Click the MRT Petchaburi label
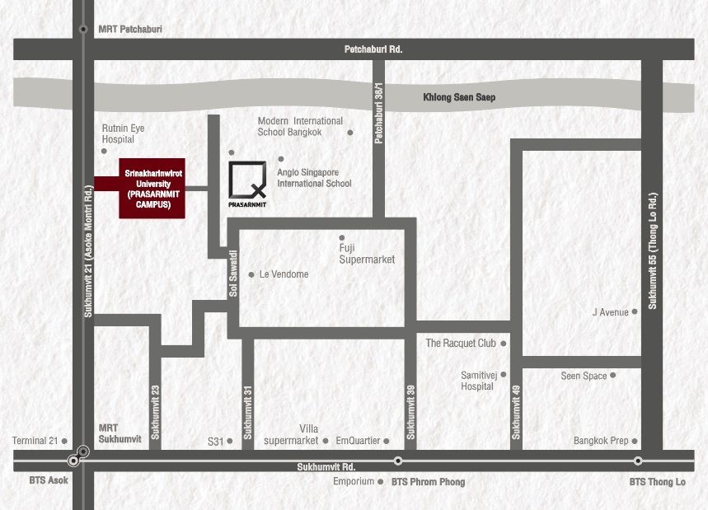(x=130, y=30)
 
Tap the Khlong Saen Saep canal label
(x=459, y=97)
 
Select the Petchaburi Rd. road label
(x=373, y=49)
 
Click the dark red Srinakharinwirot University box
(x=152, y=188)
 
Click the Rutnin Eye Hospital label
(x=124, y=134)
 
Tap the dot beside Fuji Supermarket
(x=342, y=237)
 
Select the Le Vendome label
(x=284, y=274)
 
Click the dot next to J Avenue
(x=635, y=312)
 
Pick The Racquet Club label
(x=461, y=343)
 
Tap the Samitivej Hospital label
(x=477, y=380)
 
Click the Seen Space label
(x=584, y=376)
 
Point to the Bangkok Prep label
(x=601, y=441)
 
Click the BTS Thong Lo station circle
(x=638, y=461)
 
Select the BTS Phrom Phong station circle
(x=398, y=461)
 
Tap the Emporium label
(x=354, y=481)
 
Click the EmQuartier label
(x=358, y=441)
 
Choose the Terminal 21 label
(x=35, y=441)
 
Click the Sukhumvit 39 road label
(x=410, y=412)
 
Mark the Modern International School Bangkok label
(x=300, y=126)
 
